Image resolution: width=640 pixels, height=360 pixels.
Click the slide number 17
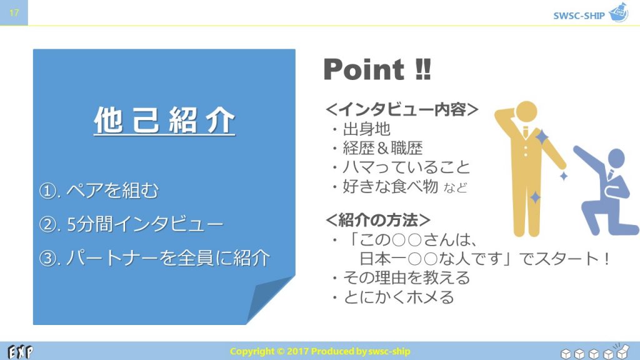(x=14, y=12)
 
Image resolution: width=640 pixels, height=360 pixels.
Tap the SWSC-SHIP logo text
(x=579, y=16)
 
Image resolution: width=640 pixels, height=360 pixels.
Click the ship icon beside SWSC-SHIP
(x=619, y=12)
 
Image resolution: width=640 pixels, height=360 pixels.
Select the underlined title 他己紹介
(x=164, y=121)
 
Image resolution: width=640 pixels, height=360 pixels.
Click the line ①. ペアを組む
(x=99, y=190)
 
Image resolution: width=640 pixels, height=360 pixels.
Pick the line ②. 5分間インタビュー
(x=131, y=224)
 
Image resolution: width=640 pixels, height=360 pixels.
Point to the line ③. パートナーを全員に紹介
(x=154, y=258)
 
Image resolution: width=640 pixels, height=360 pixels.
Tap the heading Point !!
(x=377, y=69)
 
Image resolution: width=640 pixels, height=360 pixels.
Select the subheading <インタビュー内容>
(x=402, y=109)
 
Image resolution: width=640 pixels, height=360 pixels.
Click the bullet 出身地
(x=362, y=129)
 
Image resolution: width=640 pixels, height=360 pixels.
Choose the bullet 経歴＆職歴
(x=377, y=148)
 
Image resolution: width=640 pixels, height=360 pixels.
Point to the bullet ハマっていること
(x=401, y=167)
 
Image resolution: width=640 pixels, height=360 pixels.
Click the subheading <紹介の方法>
(x=378, y=220)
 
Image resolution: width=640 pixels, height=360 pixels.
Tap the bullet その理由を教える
(x=401, y=278)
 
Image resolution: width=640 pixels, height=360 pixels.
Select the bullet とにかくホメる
(x=393, y=297)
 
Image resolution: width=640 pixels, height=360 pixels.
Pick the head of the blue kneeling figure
(x=616, y=158)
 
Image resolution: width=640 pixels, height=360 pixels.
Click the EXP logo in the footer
(x=21, y=351)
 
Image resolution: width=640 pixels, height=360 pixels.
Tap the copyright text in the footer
(x=320, y=351)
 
